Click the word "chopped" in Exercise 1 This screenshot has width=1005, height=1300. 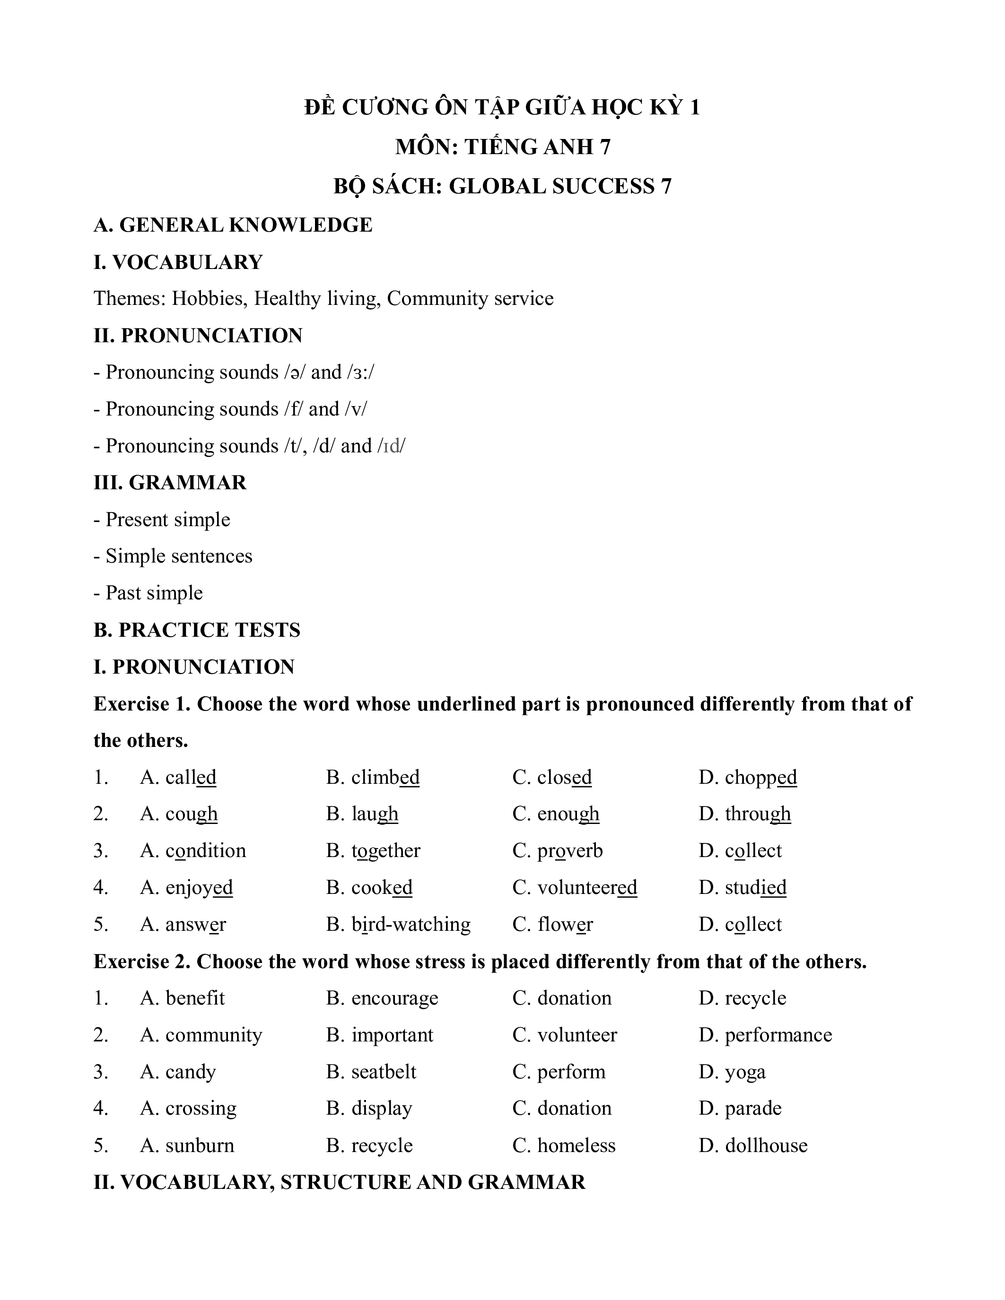click(x=760, y=777)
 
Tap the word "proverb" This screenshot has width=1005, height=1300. click(x=570, y=850)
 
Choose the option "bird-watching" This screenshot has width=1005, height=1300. click(x=411, y=924)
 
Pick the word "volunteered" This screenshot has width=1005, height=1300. click(x=587, y=887)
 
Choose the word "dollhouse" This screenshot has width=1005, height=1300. click(x=766, y=1145)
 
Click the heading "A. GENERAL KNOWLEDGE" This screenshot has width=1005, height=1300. click(x=233, y=225)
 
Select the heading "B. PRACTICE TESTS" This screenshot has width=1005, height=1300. click(x=197, y=630)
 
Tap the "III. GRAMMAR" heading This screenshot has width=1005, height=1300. click(x=170, y=482)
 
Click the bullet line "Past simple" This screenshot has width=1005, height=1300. click(x=154, y=593)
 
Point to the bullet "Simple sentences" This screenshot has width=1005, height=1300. click(x=179, y=556)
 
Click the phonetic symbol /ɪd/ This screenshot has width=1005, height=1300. click(x=391, y=445)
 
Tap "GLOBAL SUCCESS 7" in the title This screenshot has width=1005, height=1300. click(x=559, y=186)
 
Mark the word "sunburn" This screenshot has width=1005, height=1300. click(x=200, y=1145)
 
